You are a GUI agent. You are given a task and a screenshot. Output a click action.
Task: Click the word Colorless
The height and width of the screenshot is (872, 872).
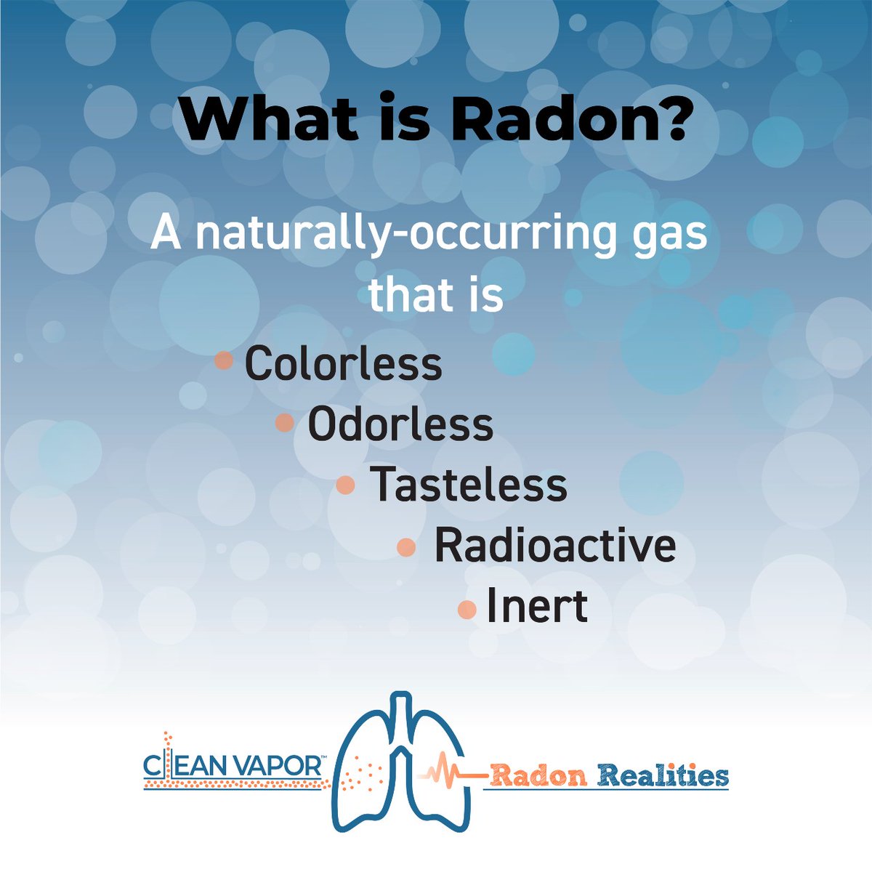pos(343,364)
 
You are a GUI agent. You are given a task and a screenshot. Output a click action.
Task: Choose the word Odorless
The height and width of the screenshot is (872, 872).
pos(400,424)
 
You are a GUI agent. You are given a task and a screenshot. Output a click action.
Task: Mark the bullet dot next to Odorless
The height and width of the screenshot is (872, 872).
pos(286,422)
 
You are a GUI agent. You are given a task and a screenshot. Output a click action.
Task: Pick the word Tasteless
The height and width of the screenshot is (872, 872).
pos(469,485)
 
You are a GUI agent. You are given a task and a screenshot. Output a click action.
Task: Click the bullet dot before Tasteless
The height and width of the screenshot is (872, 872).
pos(347,485)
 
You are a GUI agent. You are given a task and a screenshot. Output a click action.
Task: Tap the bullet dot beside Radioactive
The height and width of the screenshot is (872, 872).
pos(408,547)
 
